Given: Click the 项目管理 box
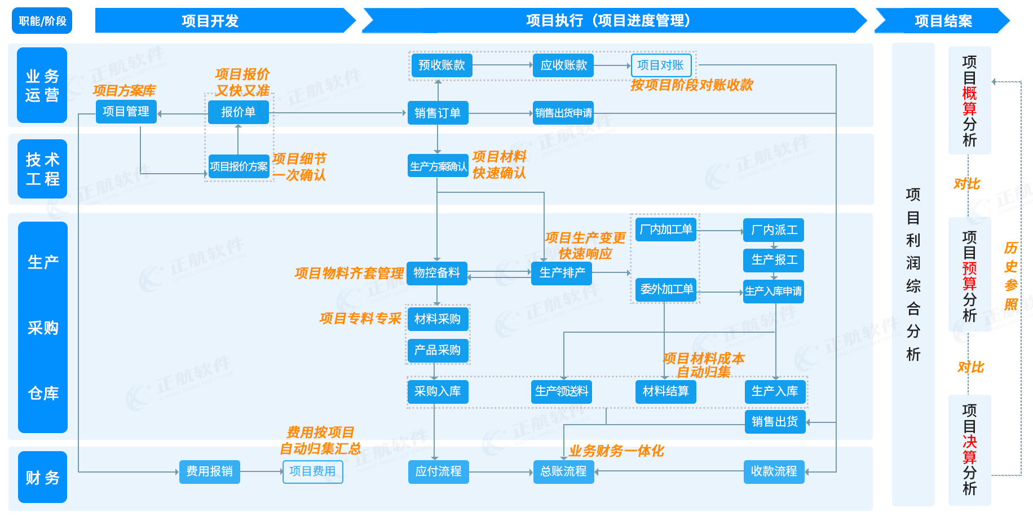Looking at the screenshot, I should coord(126,112).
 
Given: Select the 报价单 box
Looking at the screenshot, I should coord(238,112).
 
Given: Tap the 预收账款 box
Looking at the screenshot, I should coord(442,65).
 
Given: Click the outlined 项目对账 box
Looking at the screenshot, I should coord(660,65).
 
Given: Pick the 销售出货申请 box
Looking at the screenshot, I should coord(563,113).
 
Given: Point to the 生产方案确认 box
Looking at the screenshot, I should coord(438,166).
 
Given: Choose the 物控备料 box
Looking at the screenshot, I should coord(436,273).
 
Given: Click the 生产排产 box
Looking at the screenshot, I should coord(562,273).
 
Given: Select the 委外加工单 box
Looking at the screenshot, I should coord(666,289).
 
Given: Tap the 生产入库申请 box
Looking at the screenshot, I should coord(773,292).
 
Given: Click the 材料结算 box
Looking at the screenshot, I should coord(665,391).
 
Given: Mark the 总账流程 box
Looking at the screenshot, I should coord(563,471).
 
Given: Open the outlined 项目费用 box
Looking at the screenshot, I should coord(312,471).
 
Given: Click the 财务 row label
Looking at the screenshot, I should coord(42,477).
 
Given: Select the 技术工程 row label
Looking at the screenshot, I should coord(42,169).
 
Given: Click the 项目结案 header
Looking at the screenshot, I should coord(943,21).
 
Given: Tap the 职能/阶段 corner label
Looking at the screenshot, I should coord(42,21).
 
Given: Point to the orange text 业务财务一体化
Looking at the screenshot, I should coord(616,451).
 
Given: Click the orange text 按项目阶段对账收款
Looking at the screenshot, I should coord(691,85).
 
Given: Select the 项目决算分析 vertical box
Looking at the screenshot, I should coord(969,449).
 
